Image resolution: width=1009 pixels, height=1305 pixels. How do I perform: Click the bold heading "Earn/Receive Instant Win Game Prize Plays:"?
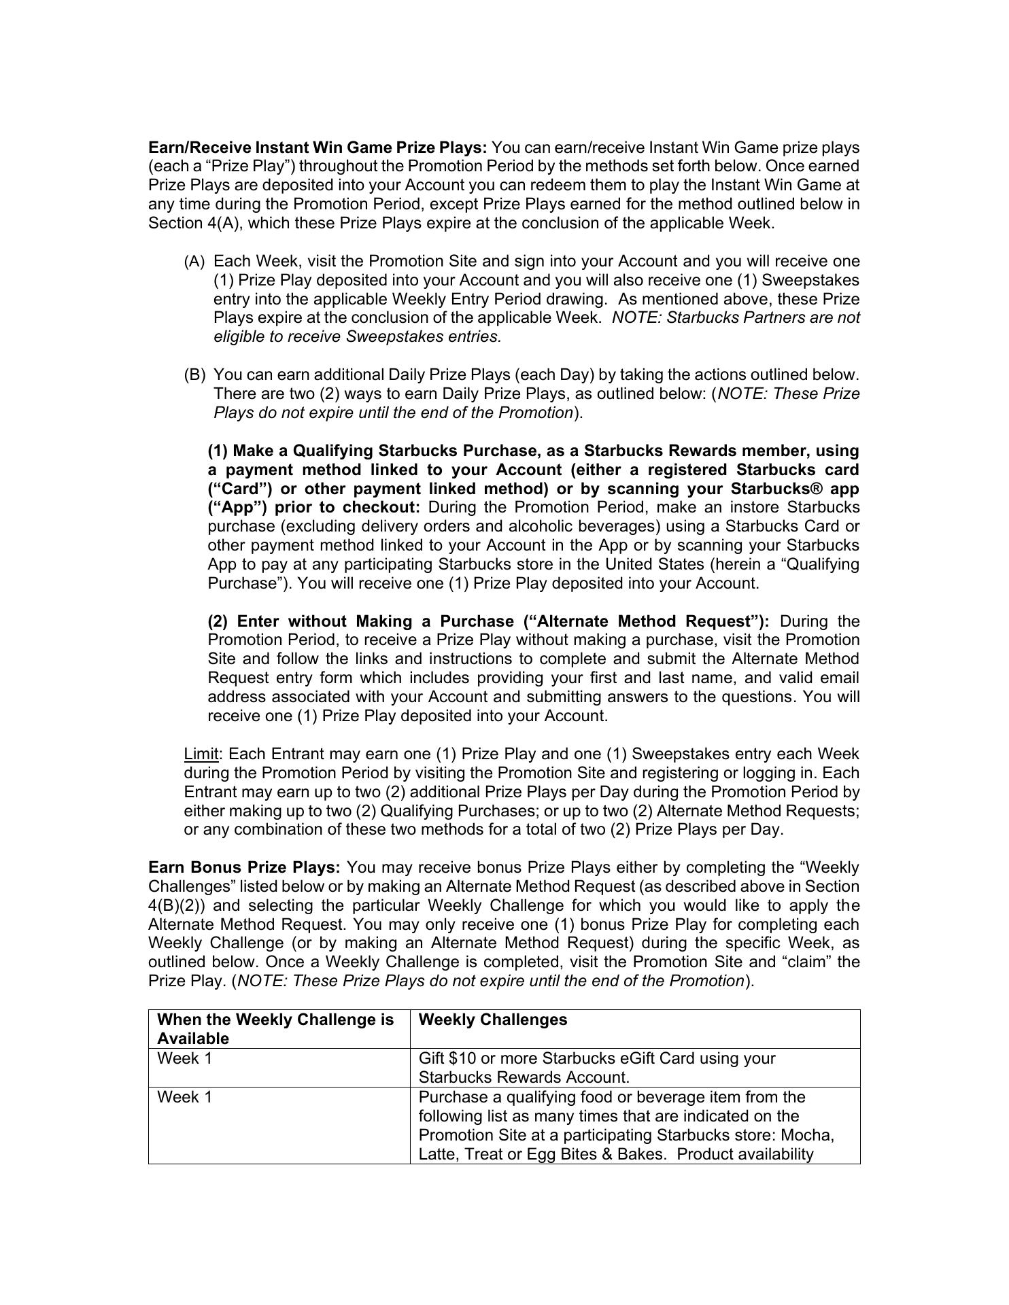click(x=318, y=147)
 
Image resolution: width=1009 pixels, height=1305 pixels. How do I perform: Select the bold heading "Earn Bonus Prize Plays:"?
click(x=244, y=868)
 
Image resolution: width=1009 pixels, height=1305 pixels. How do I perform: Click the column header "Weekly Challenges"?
click(x=492, y=1020)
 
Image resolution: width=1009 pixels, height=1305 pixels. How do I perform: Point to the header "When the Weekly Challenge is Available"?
click(x=275, y=1028)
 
